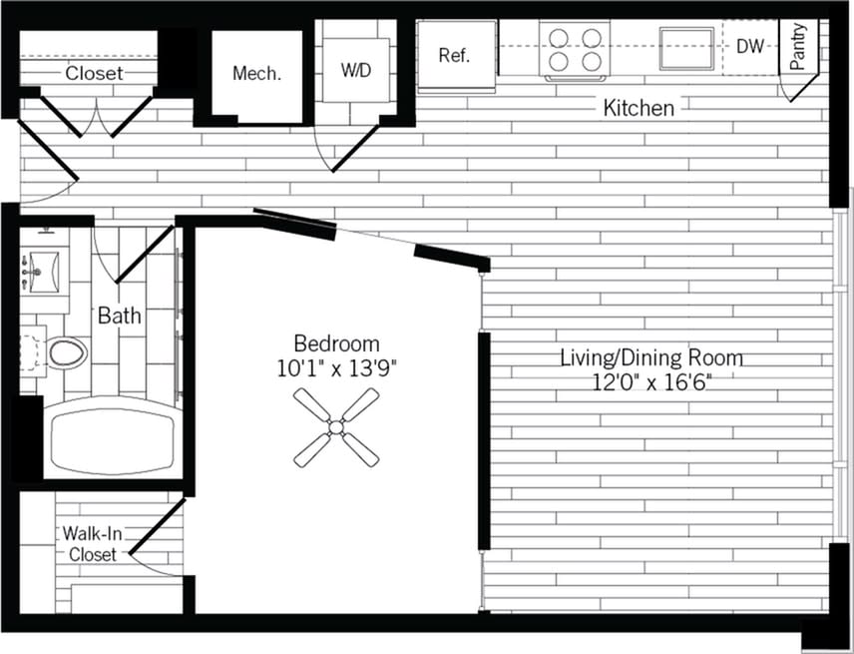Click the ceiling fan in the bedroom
(x=336, y=428)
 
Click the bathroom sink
(x=43, y=268)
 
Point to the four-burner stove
(x=576, y=49)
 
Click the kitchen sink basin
(x=686, y=47)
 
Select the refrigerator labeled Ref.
(x=454, y=56)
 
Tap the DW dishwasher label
(x=750, y=46)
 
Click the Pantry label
(x=798, y=47)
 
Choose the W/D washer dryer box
(x=355, y=70)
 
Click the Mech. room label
(x=256, y=73)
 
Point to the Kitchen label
(x=639, y=108)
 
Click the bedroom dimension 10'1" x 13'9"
(x=336, y=368)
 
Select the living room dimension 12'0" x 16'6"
(x=650, y=381)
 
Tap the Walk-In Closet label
(x=92, y=543)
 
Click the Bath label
(x=119, y=317)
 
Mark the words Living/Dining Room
(x=650, y=357)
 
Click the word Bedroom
(x=336, y=343)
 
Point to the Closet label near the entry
(x=95, y=73)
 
